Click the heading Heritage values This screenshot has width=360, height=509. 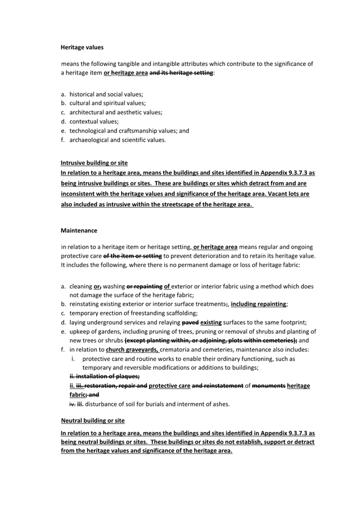(x=82, y=47)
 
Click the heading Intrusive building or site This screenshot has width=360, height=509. (x=94, y=163)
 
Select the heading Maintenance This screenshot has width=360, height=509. (x=79, y=231)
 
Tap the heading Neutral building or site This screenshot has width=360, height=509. (x=92, y=421)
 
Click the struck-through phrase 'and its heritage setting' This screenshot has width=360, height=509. (x=181, y=72)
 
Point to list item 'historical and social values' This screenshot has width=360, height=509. (x=106, y=94)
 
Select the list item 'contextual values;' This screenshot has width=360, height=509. (x=94, y=122)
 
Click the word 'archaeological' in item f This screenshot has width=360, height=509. (x=90, y=140)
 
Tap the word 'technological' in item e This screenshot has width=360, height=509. (x=88, y=131)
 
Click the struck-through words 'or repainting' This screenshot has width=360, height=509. (x=144, y=286)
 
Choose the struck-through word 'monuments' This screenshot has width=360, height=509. (x=268, y=385)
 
